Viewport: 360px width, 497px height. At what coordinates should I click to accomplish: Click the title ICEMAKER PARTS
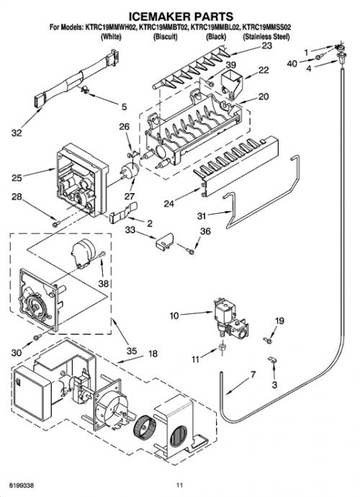point(180,16)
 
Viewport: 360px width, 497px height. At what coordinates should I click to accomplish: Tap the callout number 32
point(17,133)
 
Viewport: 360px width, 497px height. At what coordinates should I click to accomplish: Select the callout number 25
point(17,178)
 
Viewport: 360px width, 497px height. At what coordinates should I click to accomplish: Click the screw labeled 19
point(268,341)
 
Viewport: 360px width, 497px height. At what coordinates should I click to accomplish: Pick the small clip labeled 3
point(272,359)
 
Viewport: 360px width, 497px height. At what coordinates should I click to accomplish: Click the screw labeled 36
point(190,251)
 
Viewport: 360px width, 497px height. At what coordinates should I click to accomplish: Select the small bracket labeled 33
point(165,241)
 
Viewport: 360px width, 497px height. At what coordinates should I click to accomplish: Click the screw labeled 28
point(56,224)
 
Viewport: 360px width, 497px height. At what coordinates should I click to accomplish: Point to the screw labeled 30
point(37,336)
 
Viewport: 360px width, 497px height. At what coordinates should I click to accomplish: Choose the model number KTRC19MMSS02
point(266,27)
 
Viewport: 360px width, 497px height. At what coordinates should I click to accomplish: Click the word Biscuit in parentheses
point(165,37)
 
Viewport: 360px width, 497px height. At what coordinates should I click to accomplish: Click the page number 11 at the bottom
point(180,485)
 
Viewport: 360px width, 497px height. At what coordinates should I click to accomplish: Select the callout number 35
point(132,351)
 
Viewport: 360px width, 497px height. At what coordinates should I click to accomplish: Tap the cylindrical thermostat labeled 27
point(131,171)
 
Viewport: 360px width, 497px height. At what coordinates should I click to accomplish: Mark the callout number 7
point(253,375)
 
